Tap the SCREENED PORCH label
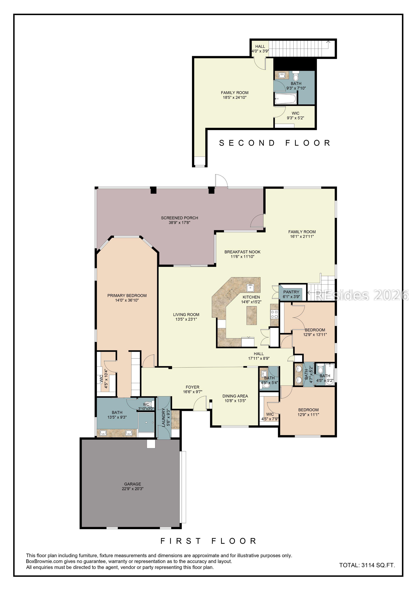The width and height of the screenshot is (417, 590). [x=179, y=218]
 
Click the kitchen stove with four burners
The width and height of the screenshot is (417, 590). [x=274, y=315]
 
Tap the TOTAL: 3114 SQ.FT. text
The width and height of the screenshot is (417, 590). [x=367, y=565]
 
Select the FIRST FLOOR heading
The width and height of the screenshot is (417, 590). [x=208, y=541]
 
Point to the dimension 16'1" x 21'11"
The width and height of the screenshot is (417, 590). [x=302, y=236]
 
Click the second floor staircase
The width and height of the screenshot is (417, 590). [x=302, y=48]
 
